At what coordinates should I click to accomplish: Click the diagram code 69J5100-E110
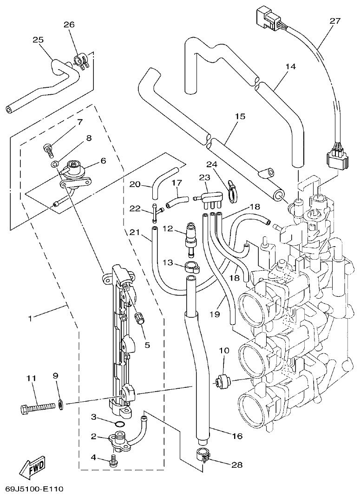point(34,489)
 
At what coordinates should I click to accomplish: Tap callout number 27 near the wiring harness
point(335,21)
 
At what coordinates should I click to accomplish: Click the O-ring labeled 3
point(119,424)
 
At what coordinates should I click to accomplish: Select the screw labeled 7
point(48,148)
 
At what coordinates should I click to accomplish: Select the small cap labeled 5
point(138,319)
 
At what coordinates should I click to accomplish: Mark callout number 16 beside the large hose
point(237,436)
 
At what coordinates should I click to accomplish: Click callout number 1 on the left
point(30,318)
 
